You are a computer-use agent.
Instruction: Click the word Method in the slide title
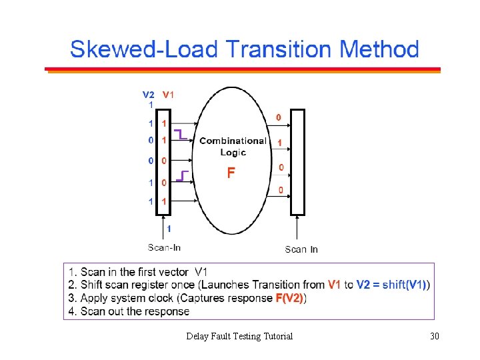379,49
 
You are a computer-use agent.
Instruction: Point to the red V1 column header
168,94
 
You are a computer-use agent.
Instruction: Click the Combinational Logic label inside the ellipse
233,146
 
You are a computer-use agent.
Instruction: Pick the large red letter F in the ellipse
231,173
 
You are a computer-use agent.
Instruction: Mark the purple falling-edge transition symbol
180,134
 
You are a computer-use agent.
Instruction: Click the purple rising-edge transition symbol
183,177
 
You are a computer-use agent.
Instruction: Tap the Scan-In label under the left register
164,247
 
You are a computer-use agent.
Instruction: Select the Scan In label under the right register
301,249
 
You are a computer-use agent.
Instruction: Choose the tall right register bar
298,163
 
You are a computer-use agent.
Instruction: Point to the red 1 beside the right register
279,143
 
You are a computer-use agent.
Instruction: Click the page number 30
435,336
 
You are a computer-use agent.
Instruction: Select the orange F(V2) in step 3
289,298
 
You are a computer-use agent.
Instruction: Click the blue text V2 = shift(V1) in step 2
391,285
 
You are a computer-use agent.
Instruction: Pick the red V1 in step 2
334,285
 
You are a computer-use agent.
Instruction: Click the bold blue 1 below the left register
169,228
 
